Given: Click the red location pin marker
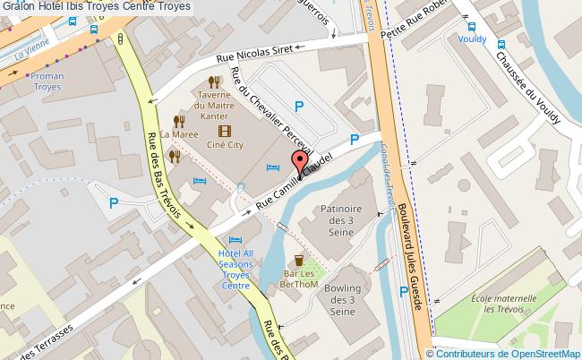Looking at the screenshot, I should click(x=299, y=163).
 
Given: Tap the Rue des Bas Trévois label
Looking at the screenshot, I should click(x=164, y=176).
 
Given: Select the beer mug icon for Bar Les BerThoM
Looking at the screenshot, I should click(x=298, y=261).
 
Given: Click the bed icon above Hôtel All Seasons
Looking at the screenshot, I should click(x=235, y=240).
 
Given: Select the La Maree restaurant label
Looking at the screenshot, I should click(x=180, y=134).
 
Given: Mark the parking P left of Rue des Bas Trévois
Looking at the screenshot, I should click(x=114, y=203).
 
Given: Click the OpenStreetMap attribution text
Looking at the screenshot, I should click(x=508, y=354).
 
